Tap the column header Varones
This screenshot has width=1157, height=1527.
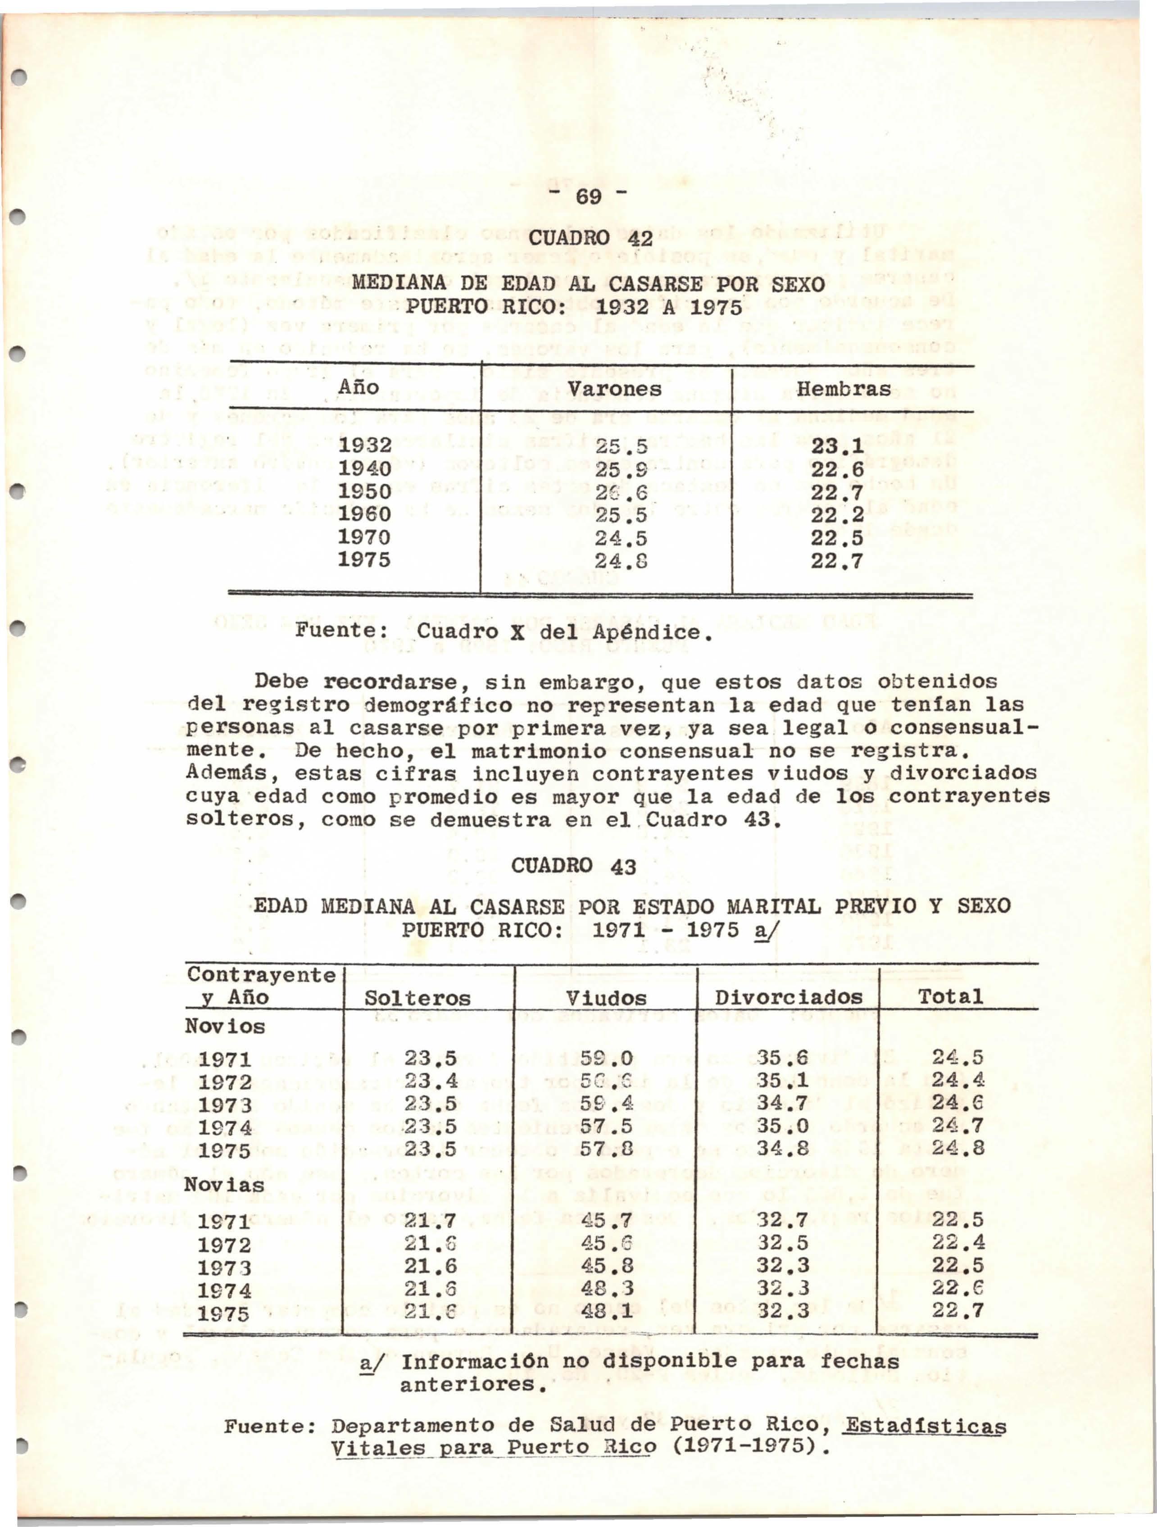tap(614, 389)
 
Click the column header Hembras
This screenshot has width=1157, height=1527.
tap(844, 389)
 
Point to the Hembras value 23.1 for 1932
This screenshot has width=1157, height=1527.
tap(837, 447)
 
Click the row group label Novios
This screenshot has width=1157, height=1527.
tap(225, 1027)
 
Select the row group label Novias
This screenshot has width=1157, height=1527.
tap(225, 1185)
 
